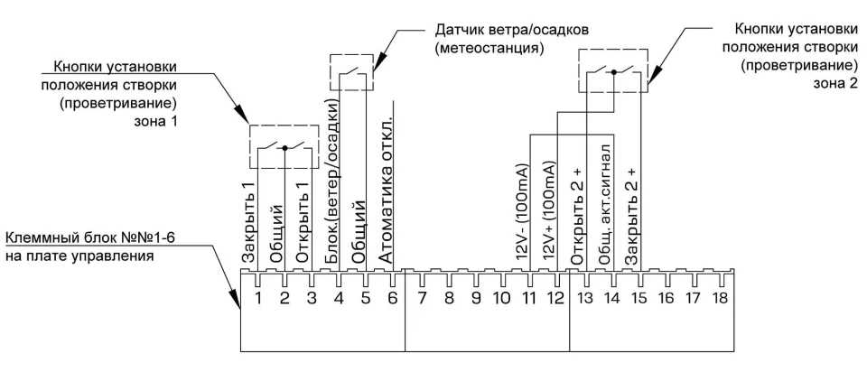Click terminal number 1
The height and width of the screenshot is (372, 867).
[x=258, y=298]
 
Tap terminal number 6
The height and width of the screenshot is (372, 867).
[x=393, y=298]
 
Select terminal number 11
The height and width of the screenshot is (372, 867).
[x=530, y=298]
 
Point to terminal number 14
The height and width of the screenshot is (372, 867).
[x=611, y=298]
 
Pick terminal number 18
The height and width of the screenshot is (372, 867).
[x=720, y=298]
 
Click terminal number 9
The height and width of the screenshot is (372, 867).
[x=476, y=298]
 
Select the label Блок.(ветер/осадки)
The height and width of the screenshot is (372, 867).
[x=331, y=181]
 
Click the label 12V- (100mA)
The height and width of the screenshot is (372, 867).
[x=521, y=211]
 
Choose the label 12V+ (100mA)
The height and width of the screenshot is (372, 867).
[x=548, y=211]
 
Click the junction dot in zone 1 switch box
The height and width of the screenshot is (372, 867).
[x=284, y=148]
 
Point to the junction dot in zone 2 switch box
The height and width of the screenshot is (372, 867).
[x=613, y=72]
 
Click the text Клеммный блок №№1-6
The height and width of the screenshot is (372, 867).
[x=93, y=238]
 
